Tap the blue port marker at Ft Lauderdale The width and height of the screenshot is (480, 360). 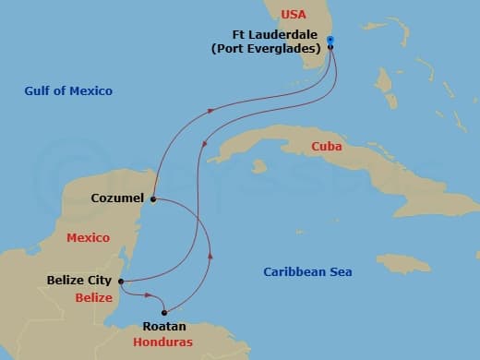pyautogui.click(x=330, y=40)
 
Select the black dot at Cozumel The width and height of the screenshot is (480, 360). pyautogui.click(x=153, y=198)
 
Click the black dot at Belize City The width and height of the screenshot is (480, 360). pyautogui.click(x=121, y=282)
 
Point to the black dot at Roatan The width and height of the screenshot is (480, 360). pyautogui.click(x=165, y=312)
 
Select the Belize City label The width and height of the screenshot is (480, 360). pyautogui.click(x=79, y=281)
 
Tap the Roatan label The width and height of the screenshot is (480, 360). pyautogui.click(x=164, y=327)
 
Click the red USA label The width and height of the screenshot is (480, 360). pyautogui.click(x=293, y=15)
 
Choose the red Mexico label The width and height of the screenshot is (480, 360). pyautogui.click(x=88, y=238)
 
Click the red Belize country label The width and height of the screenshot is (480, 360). pyautogui.click(x=93, y=298)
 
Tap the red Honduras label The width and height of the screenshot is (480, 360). pyautogui.click(x=163, y=342)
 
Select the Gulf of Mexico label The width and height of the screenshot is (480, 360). pyautogui.click(x=69, y=90)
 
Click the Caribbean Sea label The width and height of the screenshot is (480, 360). pyautogui.click(x=307, y=272)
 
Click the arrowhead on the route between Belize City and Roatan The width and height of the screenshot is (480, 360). pyautogui.click(x=148, y=295)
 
